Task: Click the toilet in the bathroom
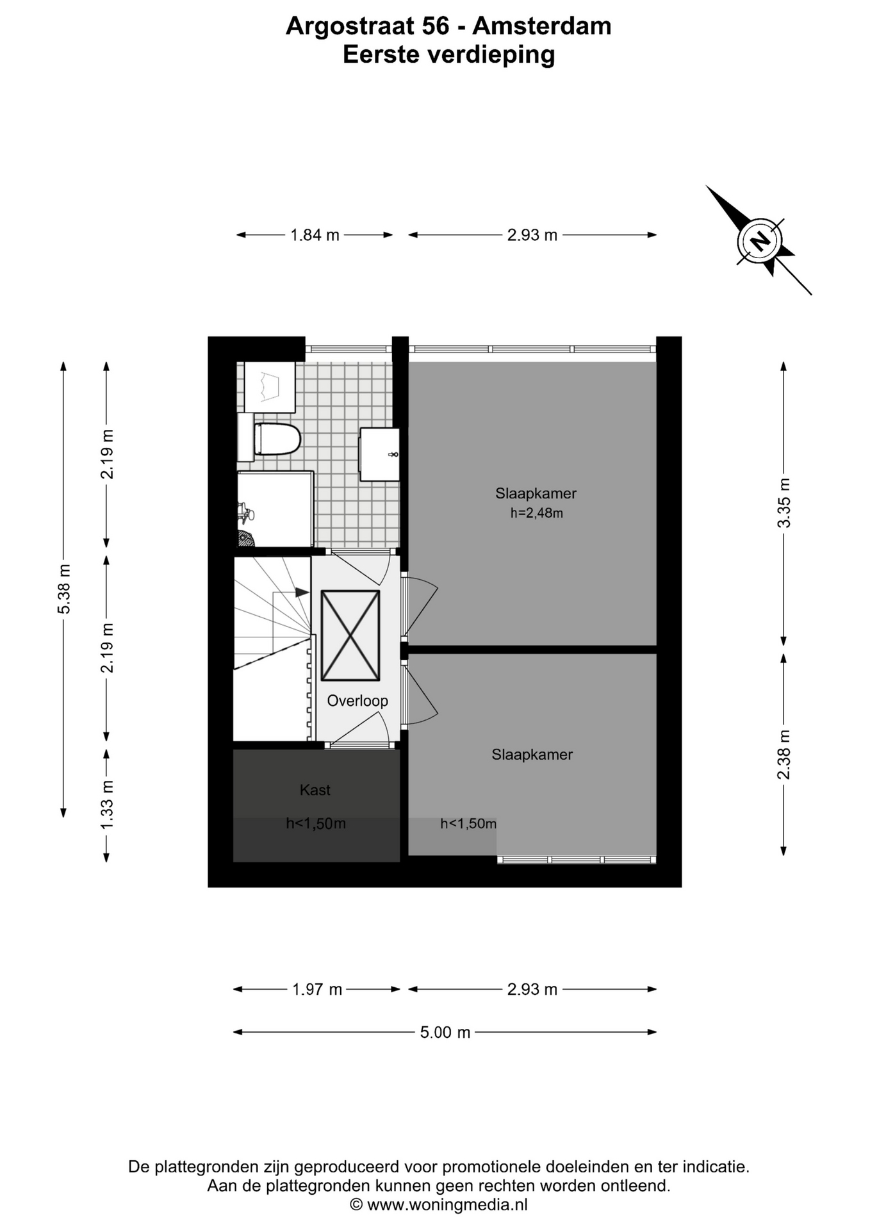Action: tap(277, 439)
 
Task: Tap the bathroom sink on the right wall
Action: tap(379, 454)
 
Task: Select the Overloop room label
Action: tap(357, 701)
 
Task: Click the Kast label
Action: tap(315, 790)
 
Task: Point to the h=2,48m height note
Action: tap(536, 513)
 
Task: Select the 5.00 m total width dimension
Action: tap(445, 1032)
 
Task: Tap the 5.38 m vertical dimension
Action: tap(64, 589)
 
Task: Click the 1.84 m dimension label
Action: tap(315, 235)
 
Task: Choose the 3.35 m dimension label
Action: tap(784, 503)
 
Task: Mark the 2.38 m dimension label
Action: tap(784, 755)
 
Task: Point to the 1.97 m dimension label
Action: tap(317, 990)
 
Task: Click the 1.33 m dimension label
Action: tap(107, 805)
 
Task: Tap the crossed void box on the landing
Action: tap(350, 635)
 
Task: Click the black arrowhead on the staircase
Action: tap(302, 593)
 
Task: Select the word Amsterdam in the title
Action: tap(542, 26)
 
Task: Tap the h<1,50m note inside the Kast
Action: tap(316, 824)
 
